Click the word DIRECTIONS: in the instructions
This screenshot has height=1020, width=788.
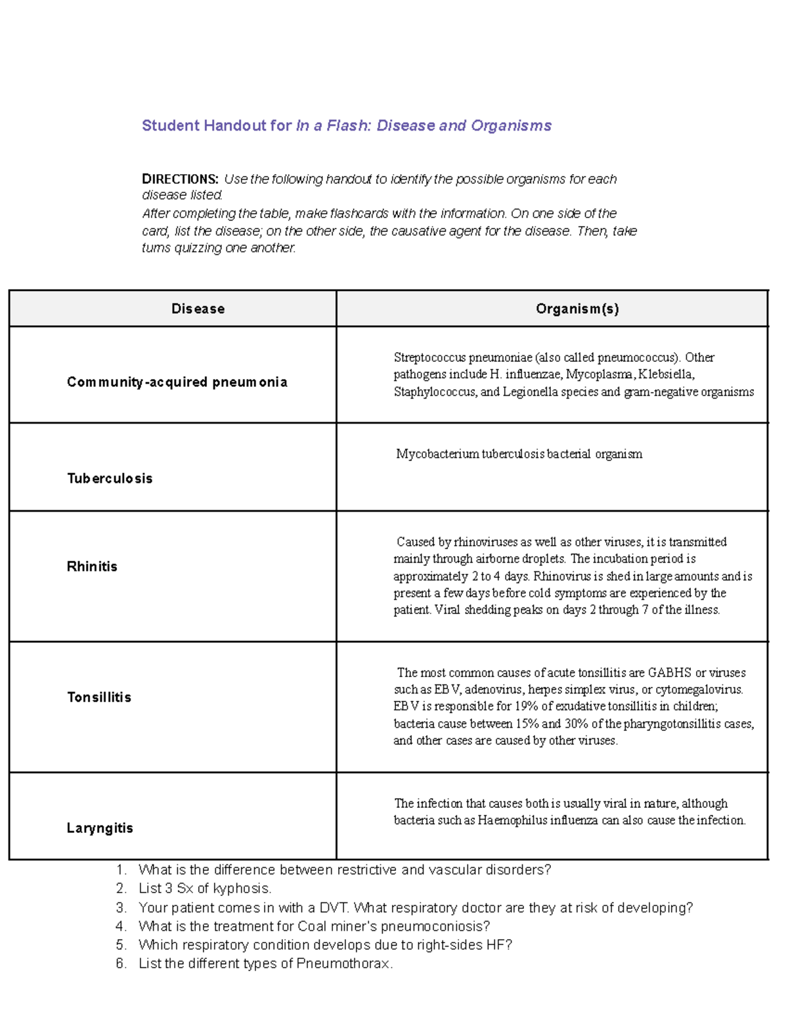[180, 179]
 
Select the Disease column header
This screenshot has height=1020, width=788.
[198, 309]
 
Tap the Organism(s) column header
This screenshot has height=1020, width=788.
[577, 309]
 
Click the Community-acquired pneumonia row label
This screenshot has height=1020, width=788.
[177, 382]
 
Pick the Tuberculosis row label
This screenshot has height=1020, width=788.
[110, 479]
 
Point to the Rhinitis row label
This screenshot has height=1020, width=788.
[92, 567]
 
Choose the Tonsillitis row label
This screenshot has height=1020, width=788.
[99, 698]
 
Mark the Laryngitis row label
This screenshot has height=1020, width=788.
[100, 828]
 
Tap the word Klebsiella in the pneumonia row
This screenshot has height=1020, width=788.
[666, 375]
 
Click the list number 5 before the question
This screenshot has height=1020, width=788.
[121, 945]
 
